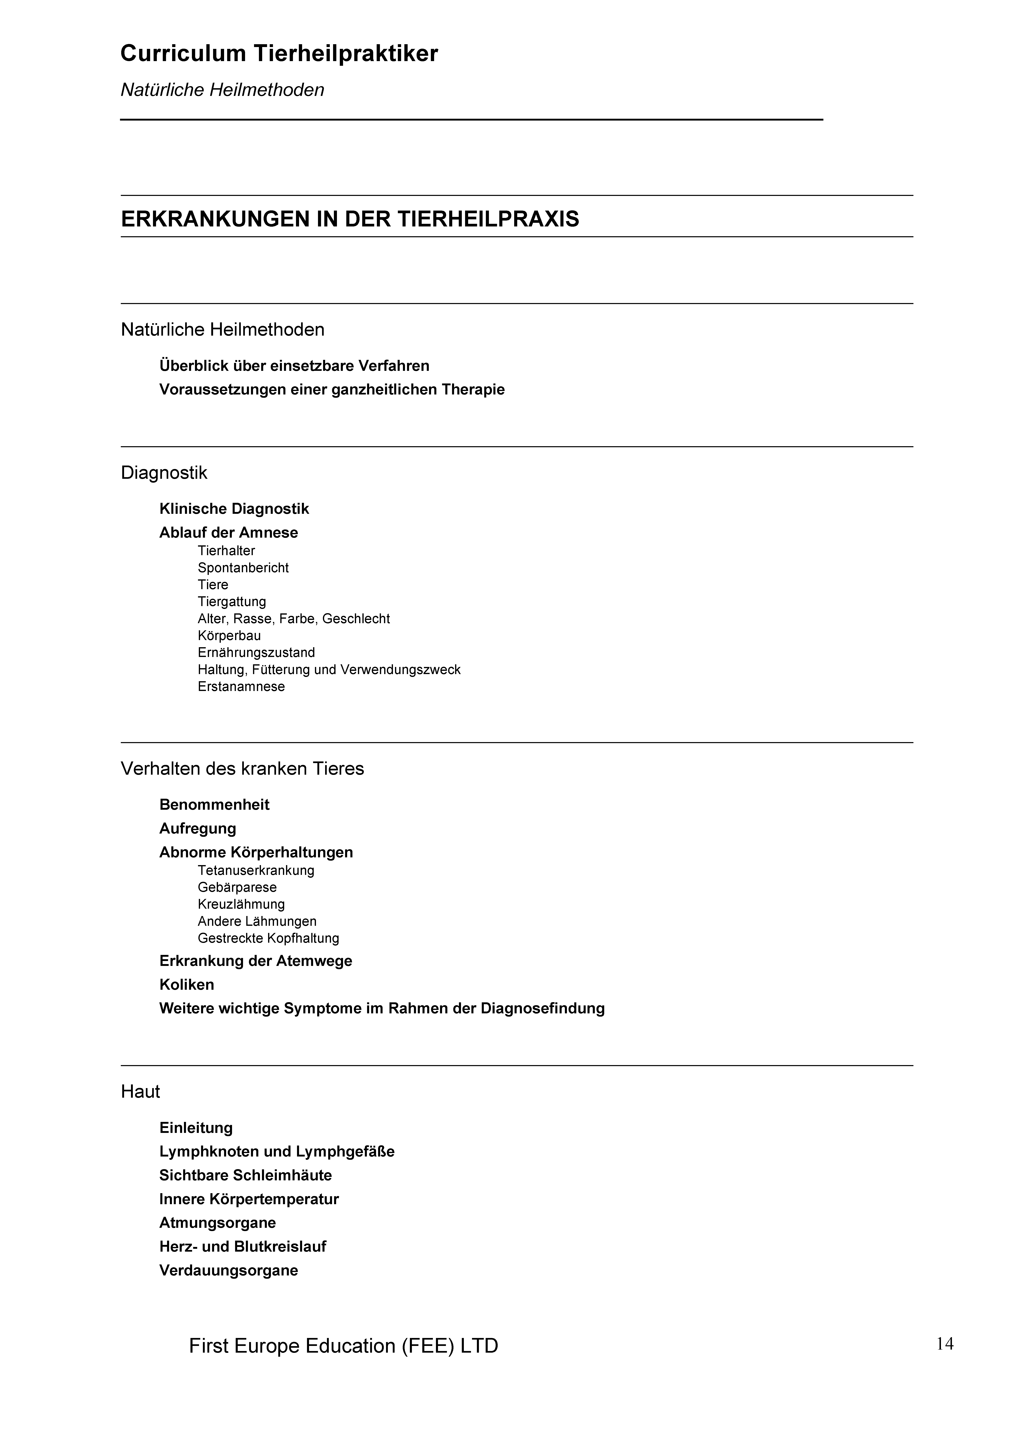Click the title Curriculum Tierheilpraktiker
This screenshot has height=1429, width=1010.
[x=279, y=54]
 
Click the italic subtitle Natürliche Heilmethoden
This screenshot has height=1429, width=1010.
[x=222, y=90]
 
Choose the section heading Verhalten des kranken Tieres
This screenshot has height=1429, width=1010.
[x=242, y=769]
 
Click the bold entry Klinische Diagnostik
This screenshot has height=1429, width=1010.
[x=234, y=509]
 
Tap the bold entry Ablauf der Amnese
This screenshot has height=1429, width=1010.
[x=229, y=533]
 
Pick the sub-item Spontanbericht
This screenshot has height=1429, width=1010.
[x=243, y=568]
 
